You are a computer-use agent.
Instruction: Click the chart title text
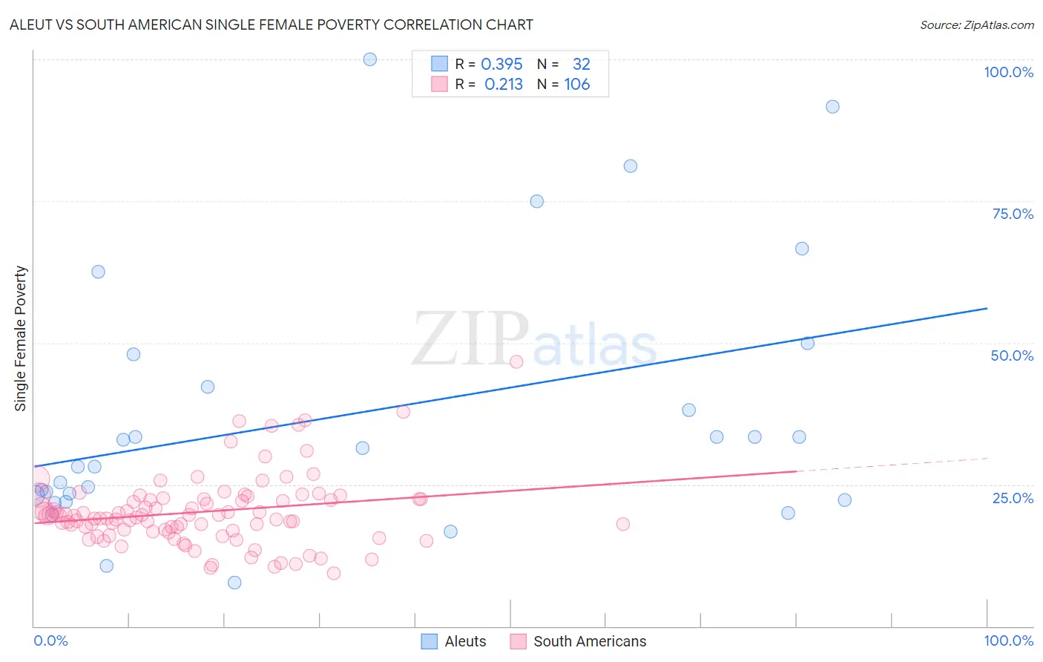(x=271, y=24)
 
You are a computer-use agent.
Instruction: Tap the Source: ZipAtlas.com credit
(x=976, y=24)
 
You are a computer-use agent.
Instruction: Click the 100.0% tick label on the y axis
(x=1008, y=72)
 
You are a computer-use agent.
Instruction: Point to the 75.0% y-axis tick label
(x=1013, y=214)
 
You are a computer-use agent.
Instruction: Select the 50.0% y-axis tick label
(x=1012, y=355)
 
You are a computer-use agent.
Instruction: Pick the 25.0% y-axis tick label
(x=1013, y=498)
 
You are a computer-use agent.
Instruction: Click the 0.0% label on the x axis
(x=50, y=640)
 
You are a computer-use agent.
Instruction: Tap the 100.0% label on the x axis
(x=1008, y=640)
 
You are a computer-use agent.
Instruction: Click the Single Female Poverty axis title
(x=21, y=338)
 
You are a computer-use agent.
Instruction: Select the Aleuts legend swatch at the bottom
(x=430, y=641)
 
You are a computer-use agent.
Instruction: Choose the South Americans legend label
(x=590, y=641)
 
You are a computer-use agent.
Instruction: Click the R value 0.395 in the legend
(x=501, y=65)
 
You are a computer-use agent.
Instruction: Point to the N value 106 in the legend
(x=577, y=85)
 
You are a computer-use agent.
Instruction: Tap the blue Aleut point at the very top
(x=370, y=59)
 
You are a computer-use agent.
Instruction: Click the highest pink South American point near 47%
(x=516, y=361)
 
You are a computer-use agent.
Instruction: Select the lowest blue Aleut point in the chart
(x=234, y=583)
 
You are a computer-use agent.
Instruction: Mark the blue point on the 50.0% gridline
(x=808, y=343)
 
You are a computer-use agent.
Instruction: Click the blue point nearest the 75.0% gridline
(x=537, y=201)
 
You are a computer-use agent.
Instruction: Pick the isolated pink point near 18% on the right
(x=623, y=524)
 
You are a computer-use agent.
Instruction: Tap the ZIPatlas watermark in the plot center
(x=534, y=340)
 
